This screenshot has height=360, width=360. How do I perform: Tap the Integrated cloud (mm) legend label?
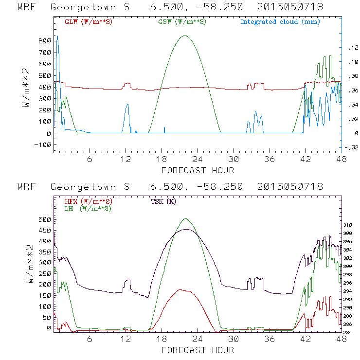tap(280, 22)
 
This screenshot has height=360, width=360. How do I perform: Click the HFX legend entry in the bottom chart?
tap(86, 201)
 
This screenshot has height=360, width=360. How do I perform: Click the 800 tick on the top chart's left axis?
tap(45, 40)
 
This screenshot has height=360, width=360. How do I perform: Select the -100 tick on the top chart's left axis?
tap(43, 144)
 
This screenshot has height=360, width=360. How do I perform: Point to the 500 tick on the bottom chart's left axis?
tap(45, 219)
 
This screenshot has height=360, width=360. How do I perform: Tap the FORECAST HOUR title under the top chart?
tap(198, 170)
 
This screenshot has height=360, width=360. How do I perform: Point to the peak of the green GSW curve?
tap(184, 36)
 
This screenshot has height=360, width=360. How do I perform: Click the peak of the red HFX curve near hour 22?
tap(181, 289)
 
